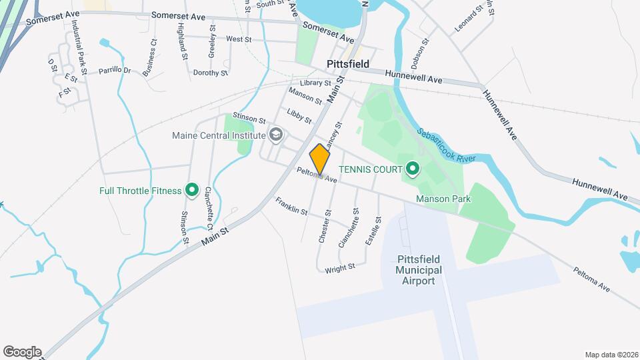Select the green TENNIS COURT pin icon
[x=413, y=169]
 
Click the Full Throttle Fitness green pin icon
[x=192, y=191]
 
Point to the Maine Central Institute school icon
[x=274, y=135]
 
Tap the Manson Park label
[x=443, y=199]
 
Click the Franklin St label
[x=291, y=207]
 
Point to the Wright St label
[x=340, y=268]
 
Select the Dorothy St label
[x=211, y=73]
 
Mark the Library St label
[x=315, y=83]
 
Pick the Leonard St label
[x=468, y=20]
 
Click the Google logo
[x=22, y=352]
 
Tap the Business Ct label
[x=149, y=57]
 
